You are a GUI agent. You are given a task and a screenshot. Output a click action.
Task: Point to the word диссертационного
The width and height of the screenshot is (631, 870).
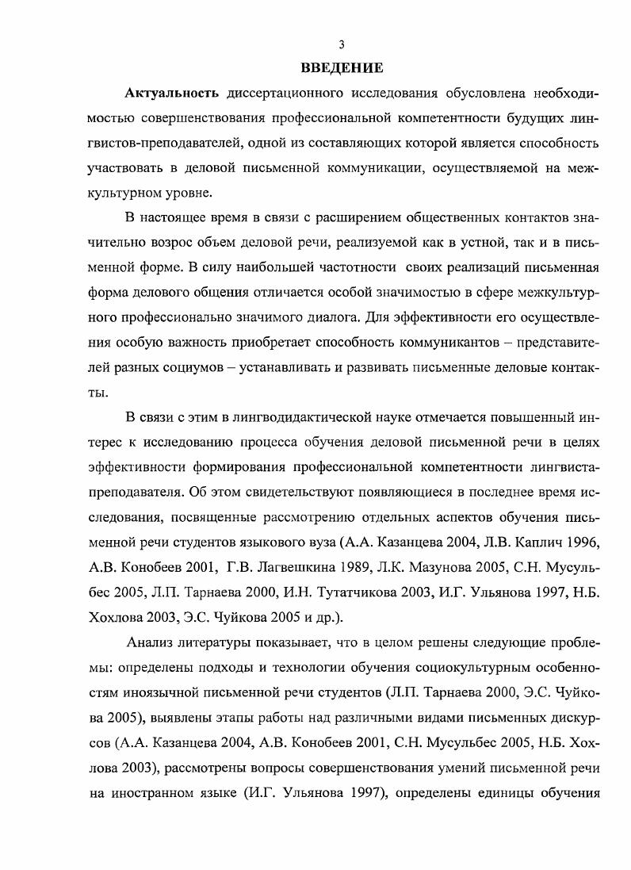tap(279, 93)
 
